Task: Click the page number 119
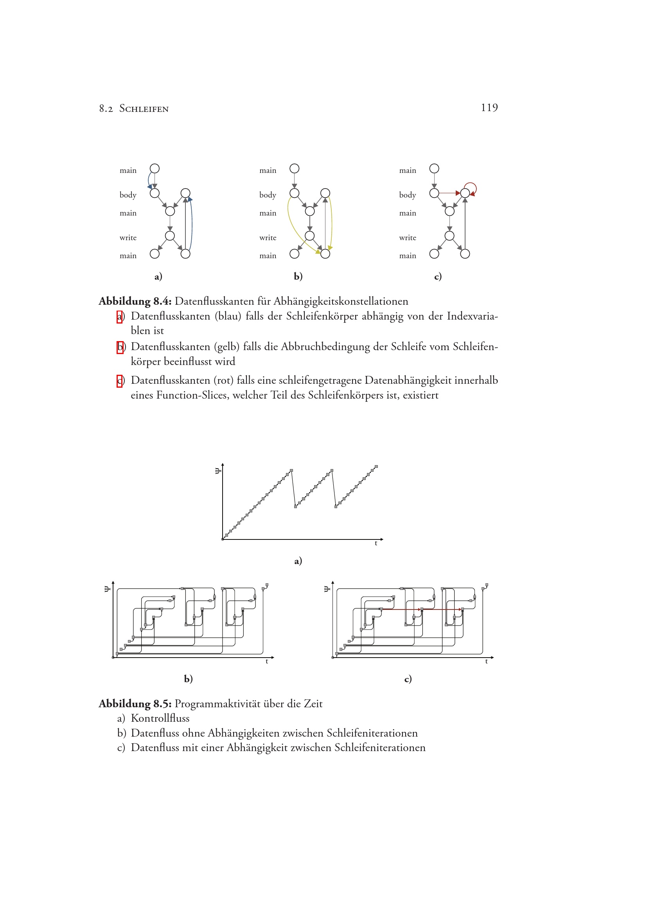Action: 489,108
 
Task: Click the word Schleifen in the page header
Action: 144,109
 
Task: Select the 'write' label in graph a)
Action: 128,238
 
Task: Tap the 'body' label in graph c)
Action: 408,195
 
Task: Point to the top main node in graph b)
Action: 295,169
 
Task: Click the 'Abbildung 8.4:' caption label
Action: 135,302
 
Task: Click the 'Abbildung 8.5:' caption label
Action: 135,704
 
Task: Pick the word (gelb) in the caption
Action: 227,347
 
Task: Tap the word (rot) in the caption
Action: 223,381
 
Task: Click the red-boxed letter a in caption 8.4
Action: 119,317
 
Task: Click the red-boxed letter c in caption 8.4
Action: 119,381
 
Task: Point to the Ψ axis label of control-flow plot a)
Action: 217,471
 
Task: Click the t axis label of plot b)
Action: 267,662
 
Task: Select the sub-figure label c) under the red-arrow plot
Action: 408,679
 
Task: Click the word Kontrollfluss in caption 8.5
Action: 160,719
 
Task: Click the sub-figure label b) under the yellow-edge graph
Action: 298,276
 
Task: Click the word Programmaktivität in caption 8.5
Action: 217,704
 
